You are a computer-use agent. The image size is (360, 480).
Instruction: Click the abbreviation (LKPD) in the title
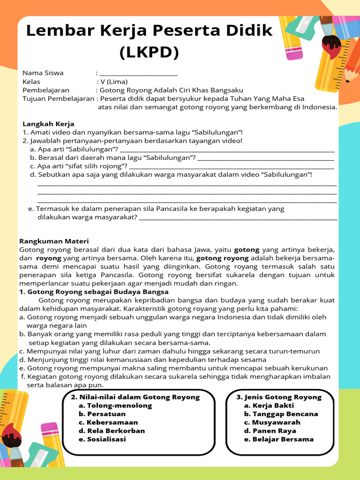tap(149, 52)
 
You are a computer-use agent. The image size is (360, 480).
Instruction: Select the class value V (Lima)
tap(112, 82)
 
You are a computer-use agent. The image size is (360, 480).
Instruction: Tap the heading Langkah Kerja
tap(48, 124)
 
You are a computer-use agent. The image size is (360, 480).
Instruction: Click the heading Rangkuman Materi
tap(54, 241)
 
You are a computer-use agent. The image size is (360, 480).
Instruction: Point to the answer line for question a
tap(227, 150)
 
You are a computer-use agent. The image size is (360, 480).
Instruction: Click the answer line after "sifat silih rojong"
tap(232, 166)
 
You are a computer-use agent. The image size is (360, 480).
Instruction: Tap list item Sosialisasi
tap(106, 439)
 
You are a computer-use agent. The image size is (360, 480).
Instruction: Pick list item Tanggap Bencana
tap(281, 414)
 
